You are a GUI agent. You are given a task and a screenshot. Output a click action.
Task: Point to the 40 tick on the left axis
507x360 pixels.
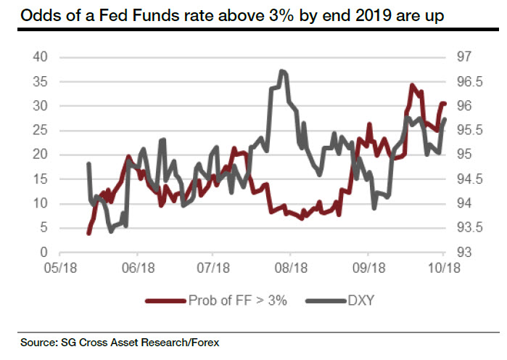click(41, 57)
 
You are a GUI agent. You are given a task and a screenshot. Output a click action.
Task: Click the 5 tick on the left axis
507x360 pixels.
click(44, 228)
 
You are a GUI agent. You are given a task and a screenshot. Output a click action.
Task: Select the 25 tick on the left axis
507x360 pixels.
click(41, 130)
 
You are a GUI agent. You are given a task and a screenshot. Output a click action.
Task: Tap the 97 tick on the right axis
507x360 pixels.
click(463, 57)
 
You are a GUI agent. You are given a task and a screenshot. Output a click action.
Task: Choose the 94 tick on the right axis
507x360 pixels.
click(463, 203)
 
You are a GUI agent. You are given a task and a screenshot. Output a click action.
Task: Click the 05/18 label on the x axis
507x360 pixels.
click(59, 268)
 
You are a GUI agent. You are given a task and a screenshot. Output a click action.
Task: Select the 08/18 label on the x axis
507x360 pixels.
click(290, 268)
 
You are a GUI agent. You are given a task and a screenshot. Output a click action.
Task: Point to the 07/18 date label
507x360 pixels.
click(213, 268)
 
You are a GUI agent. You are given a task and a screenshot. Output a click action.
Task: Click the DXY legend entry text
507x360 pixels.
click(360, 300)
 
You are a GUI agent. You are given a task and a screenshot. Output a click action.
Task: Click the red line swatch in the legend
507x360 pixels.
click(164, 300)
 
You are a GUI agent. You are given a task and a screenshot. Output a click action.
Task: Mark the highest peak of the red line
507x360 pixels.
click(412, 86)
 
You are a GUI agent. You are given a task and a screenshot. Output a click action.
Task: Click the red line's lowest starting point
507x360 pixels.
click(88, 233)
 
